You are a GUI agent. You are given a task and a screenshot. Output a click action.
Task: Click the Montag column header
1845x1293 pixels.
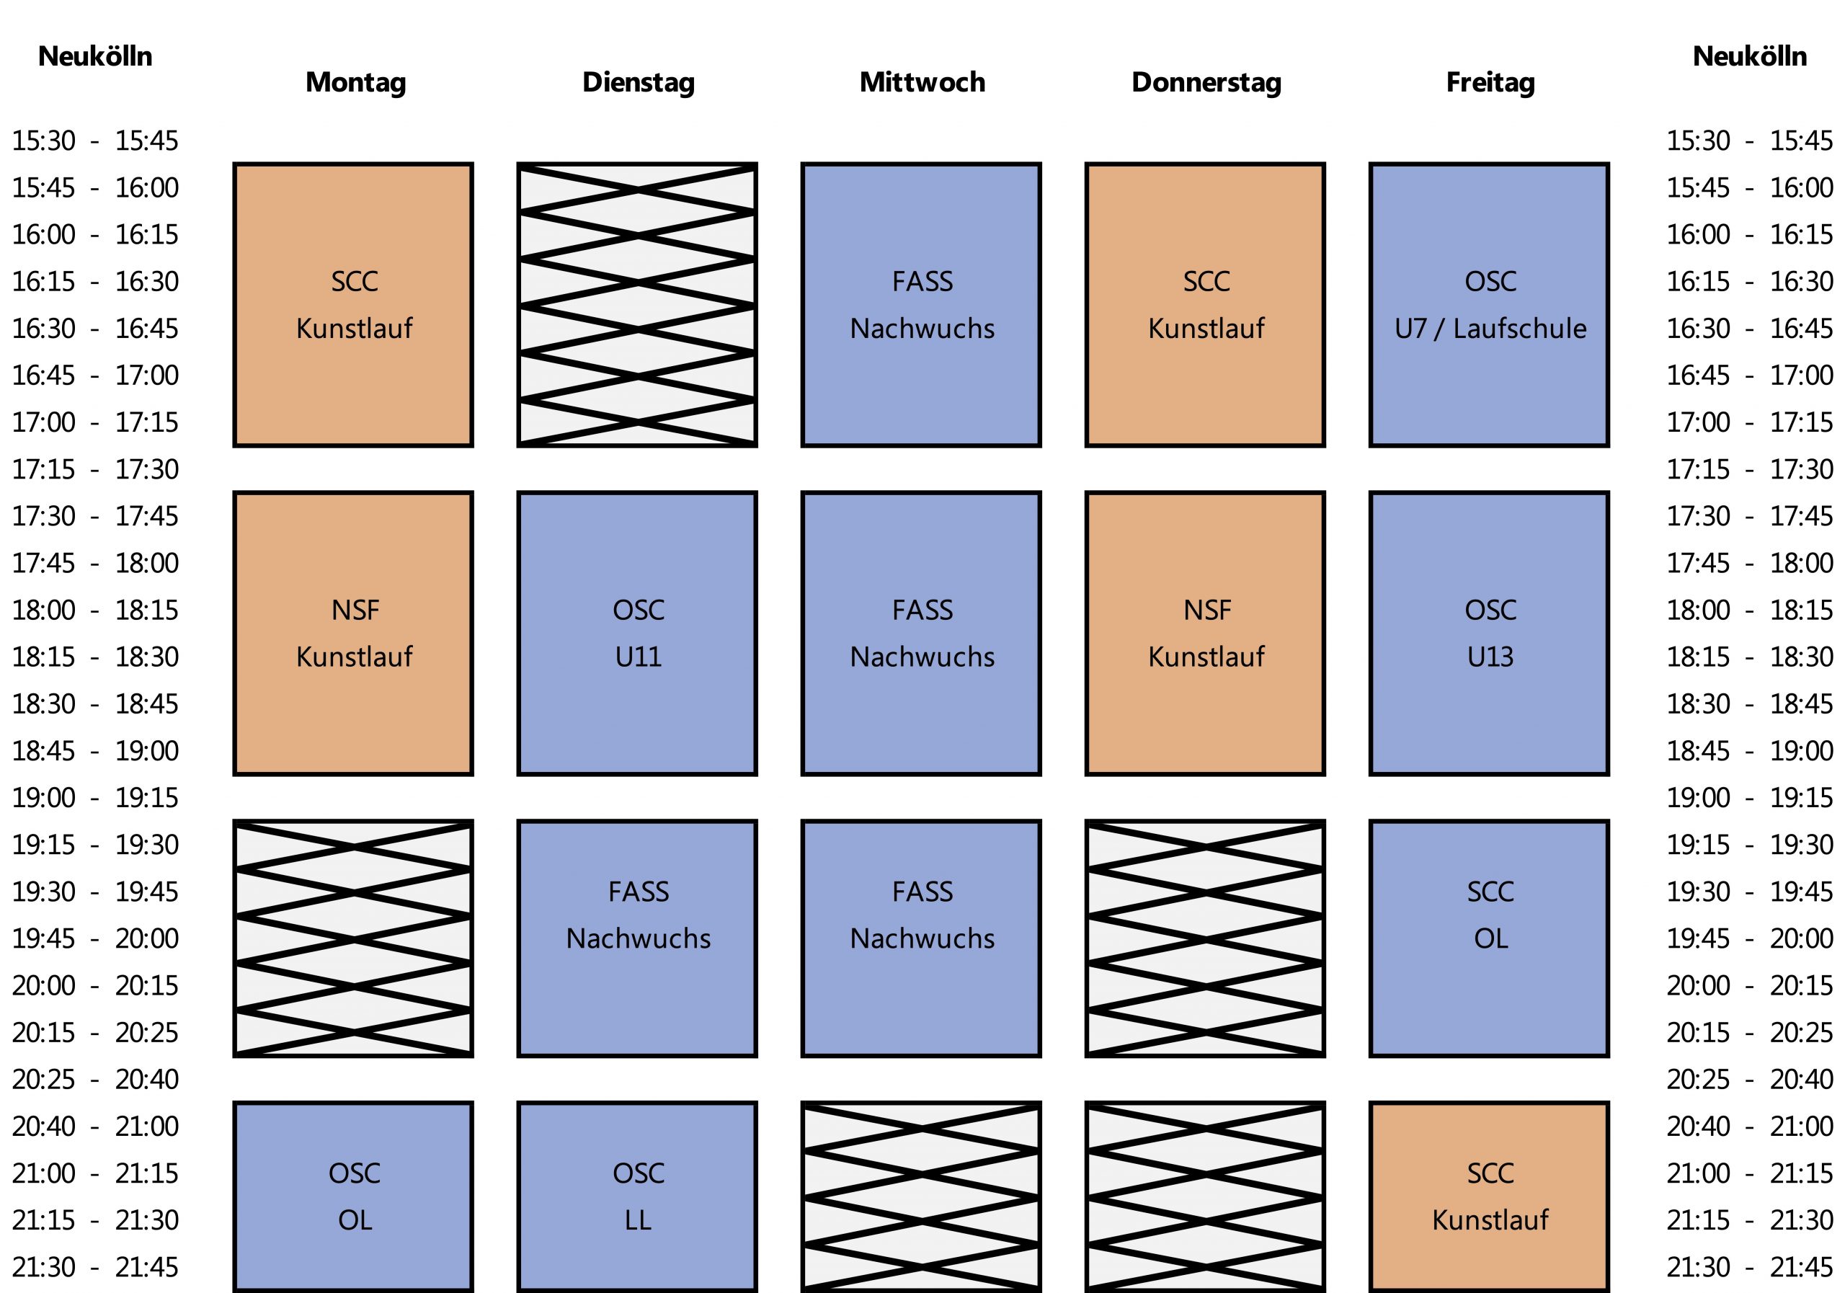(355, 82)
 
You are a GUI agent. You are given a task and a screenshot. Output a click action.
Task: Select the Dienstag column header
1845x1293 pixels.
(638, 82)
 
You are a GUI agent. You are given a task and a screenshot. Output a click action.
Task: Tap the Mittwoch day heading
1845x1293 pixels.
(922, 82)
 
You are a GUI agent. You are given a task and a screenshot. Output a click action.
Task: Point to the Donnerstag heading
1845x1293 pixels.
(1206, 82)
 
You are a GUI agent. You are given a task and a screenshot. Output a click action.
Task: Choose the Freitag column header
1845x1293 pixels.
(1490, 82)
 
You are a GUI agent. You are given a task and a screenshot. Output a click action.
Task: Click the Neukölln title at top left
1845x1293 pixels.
(95, 56)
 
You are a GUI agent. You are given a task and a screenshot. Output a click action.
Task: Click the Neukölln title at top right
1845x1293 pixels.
(1749, 56)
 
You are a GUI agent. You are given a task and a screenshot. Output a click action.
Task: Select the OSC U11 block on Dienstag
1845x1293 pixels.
(637, 634)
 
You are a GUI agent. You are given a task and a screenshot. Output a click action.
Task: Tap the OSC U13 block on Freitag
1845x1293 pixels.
(1489, 634)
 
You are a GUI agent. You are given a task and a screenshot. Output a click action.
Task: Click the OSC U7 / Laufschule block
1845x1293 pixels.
(1489, 305)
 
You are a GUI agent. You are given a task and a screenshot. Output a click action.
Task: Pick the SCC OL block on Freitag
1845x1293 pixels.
(1489, 938)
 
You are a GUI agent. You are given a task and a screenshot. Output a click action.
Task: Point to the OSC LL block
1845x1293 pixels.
(637, 1196)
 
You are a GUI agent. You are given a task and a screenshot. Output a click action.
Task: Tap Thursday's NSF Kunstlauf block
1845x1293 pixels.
(1205, 634)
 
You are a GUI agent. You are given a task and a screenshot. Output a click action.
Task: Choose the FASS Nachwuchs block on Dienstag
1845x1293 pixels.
(637, 938)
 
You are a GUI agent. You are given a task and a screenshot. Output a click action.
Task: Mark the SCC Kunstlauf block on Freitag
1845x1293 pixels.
(1489, 1196)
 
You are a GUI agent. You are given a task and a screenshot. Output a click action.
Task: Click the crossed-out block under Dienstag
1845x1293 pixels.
(637, 305)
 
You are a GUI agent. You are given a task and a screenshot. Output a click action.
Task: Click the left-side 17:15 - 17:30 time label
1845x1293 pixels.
(95, 469)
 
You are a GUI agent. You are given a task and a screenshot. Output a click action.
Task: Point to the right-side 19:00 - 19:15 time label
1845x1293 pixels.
(1749, 798)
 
